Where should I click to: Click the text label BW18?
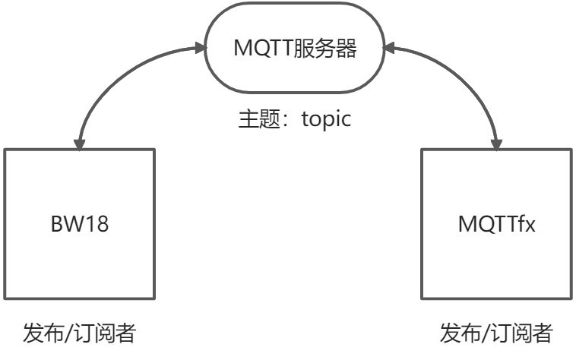pos(80,226)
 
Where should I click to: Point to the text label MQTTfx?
pos(496,226)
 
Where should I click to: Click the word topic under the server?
pos(328,120)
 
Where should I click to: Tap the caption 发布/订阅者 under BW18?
pos(80,333)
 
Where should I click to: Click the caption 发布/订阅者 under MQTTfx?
pos(496,333)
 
